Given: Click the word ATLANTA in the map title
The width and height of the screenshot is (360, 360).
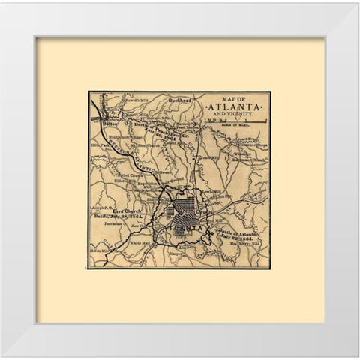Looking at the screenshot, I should pos(235,108).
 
